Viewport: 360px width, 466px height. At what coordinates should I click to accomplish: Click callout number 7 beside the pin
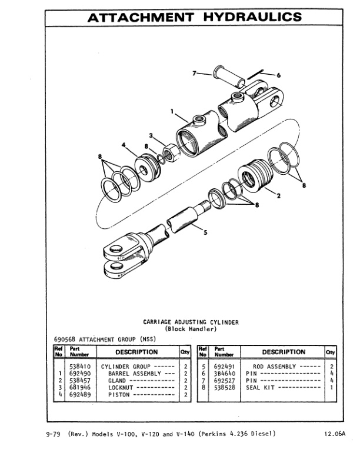point(195,74)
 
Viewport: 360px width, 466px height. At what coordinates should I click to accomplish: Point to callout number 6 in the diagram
point(278,75)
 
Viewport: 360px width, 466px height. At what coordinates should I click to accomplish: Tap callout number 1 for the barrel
point(172,111)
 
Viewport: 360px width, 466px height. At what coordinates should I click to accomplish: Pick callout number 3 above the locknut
point(151,137)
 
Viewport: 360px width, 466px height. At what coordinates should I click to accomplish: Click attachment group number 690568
point(57,339)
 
